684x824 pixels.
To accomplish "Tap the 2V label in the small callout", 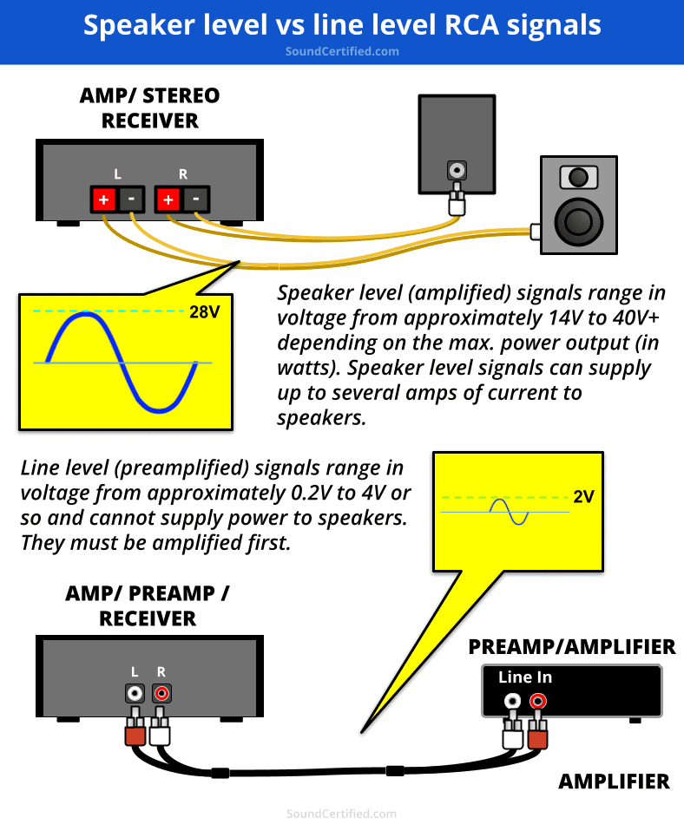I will [584, 498].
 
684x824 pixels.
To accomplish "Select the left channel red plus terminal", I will [103, 199].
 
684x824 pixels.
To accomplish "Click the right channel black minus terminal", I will [196, 199].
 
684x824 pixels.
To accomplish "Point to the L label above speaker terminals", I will [117, 174].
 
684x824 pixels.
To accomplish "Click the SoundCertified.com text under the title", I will [342, 51].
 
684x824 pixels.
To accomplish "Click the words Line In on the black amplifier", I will [525, 677].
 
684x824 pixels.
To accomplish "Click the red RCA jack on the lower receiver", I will [161, 693].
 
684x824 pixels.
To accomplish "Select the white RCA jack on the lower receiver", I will [135, 693].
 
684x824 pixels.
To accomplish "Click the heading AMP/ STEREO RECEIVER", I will [149, 108].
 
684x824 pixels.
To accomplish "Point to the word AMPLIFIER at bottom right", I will [614, 781].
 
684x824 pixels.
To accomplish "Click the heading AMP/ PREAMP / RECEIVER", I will [148, 605].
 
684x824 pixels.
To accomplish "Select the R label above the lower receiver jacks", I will [161, 671].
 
